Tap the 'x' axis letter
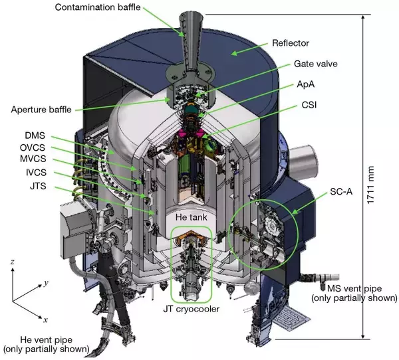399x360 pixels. [x=45, y=320]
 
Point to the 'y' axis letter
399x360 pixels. [x=45, y=284]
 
